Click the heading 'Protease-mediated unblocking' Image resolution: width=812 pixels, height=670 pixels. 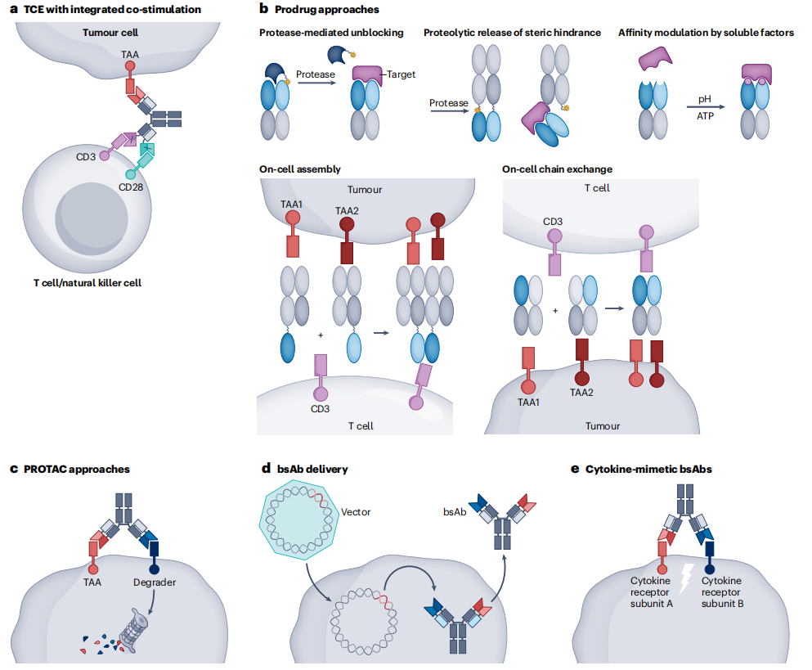(331, 33)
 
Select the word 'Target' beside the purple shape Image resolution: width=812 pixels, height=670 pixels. (401, 74)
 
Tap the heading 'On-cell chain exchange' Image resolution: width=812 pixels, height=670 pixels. (557, 169)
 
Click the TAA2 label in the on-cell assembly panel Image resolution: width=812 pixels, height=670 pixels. (346, 210)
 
